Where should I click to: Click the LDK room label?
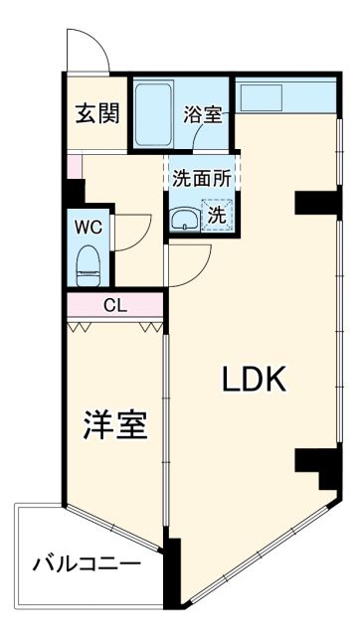click(253, 379)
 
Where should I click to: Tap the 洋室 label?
click(114, 424)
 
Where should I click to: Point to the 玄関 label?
click(96, 112)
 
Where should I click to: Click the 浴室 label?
click(204, 114)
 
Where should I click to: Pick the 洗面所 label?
click(201, 180)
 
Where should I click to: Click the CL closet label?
click(115, 304)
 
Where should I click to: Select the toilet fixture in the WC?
click(89, 263)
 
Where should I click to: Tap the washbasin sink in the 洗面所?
click(183, 219)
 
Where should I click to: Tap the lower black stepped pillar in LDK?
click(318, 464)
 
